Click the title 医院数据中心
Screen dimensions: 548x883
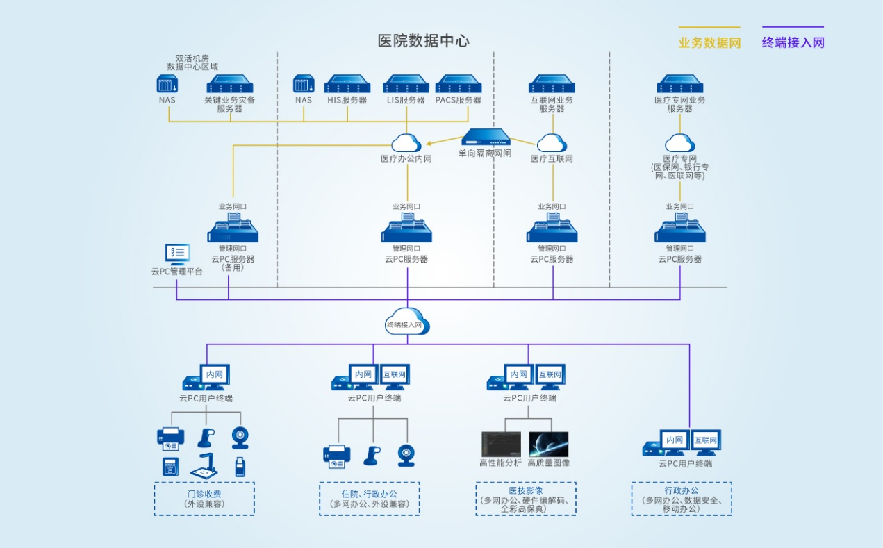coord(423,40)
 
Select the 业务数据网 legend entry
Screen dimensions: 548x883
coord(709,42)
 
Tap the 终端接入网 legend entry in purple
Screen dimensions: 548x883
coord(793,42)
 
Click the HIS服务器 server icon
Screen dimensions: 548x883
coord(347,85)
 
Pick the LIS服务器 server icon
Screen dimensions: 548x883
coord(406,85)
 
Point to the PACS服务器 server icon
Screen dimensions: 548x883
coord(458,85)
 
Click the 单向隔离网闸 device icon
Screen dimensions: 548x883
coord(486,138)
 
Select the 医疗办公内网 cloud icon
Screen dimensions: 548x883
coord(406,143)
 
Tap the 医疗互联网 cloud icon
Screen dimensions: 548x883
coord(552,143)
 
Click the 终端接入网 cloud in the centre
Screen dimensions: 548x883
coord(408,322)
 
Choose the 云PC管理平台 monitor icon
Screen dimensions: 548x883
coord(176,255)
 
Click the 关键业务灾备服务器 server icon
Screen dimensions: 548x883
coord(229,85)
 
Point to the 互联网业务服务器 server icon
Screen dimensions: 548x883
coord(552,85)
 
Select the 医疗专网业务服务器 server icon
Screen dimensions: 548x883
coord(680,85)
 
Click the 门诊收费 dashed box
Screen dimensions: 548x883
coord(204,499)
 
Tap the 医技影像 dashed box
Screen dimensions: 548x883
coord(525,499)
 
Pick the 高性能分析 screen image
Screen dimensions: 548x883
coord(501,445)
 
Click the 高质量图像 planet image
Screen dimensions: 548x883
coord(548,445)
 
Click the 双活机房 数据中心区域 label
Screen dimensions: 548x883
coord(192,63)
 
